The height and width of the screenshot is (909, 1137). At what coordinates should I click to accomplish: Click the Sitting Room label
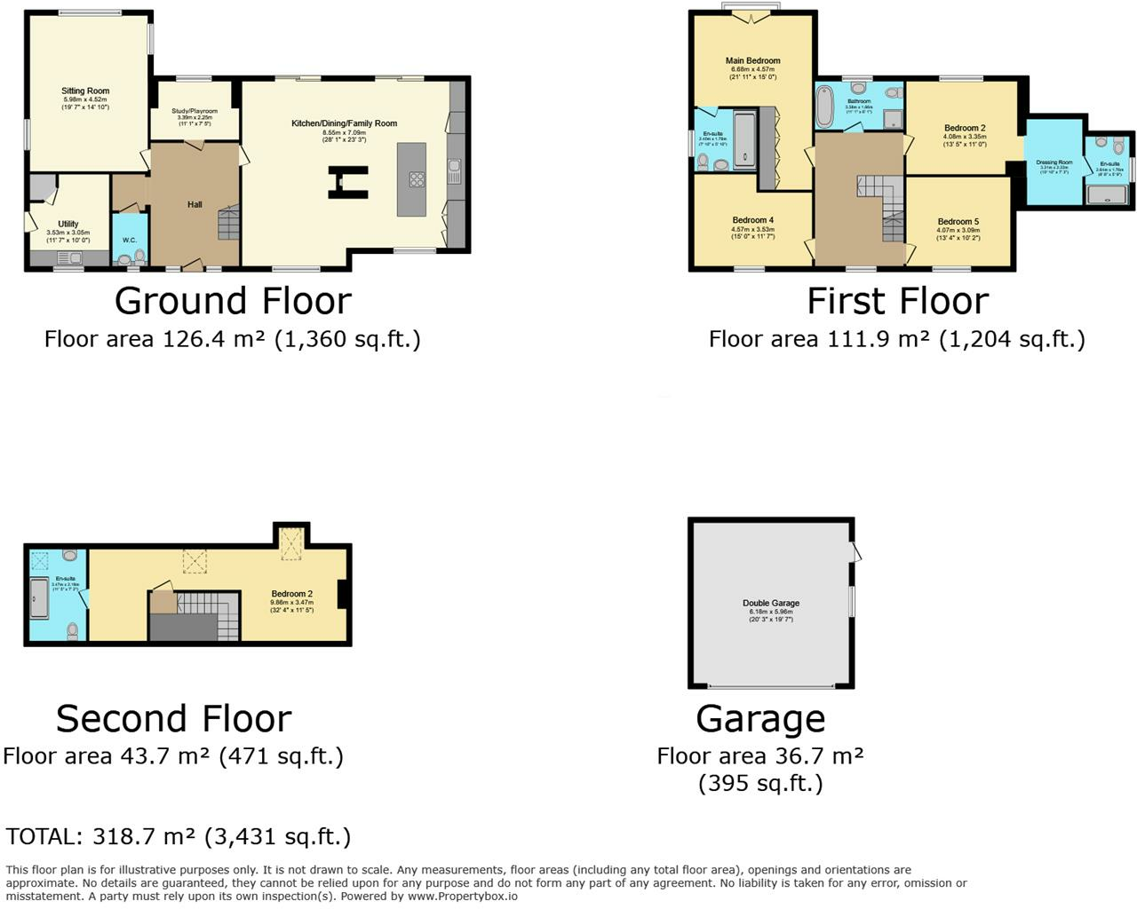pos(85,91)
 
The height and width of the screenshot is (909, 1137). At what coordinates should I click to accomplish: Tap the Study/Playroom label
pos(195,111)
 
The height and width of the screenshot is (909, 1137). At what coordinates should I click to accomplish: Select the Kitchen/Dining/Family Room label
pos(345,123)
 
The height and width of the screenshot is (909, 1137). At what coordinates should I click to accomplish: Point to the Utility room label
pos(68,224)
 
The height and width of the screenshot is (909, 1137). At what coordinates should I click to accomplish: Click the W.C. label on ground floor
pos(130,240)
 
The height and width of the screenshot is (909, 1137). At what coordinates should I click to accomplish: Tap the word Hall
pos(195,205)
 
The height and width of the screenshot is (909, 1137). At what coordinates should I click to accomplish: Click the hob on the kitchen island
pos(417,179)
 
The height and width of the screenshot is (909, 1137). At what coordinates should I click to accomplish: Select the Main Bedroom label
pos(752,61)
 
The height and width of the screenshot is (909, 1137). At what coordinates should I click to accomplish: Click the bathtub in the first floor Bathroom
pos(825,107)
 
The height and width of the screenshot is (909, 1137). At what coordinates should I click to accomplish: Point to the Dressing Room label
pos(1054,162)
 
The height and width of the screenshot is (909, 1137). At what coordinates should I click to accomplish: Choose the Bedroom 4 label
pos(752,220)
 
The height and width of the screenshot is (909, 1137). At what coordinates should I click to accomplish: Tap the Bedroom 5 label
pos(958,222)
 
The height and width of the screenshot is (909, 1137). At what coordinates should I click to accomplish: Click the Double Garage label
pos(771,604)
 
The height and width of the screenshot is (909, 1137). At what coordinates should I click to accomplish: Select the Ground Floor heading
pos(233,301)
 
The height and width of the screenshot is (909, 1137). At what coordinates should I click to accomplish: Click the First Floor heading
pos(897,301)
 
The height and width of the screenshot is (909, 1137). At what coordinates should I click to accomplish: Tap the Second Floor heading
pos(174,718)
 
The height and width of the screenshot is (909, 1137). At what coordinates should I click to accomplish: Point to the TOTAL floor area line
pos(179,836)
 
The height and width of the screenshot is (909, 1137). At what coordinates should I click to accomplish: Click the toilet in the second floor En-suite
pos(72,631)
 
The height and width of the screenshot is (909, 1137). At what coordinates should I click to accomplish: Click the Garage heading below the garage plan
pos(760,718)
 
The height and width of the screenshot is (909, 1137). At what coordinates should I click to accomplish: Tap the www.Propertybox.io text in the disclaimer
pos(463,897)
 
